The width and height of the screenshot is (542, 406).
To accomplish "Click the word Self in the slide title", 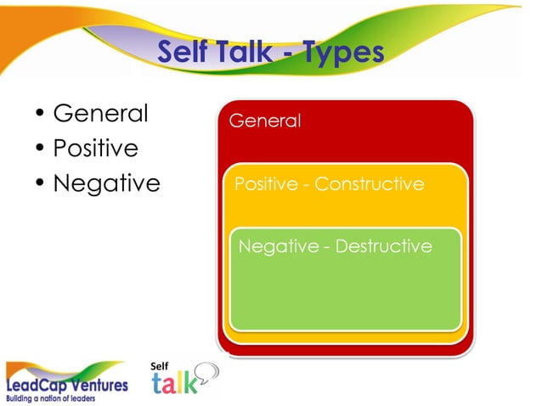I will coord(183,52).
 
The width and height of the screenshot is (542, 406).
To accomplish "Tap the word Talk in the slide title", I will coord(246,52).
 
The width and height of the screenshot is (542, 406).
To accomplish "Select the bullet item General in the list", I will coord(100,113).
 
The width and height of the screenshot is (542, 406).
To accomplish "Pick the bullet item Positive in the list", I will coord(95,148).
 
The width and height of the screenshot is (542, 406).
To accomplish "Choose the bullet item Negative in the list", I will coord(106,183).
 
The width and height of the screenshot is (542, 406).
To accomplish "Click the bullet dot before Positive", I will coord(39,149).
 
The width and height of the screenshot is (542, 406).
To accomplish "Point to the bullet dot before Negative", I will coord(39,183).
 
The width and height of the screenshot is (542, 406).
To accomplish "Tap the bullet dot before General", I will coord(39,114).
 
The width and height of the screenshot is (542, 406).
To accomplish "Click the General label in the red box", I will coord(265,121).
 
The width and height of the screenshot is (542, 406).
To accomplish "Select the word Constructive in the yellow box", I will coord(370,183).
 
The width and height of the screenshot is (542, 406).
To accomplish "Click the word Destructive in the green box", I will coord(384,246).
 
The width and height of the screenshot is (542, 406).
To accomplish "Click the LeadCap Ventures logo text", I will coord(68,385).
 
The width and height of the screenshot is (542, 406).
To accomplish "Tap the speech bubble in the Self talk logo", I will coord(207,372).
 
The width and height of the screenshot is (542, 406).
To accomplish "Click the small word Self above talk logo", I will coord(159,365).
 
